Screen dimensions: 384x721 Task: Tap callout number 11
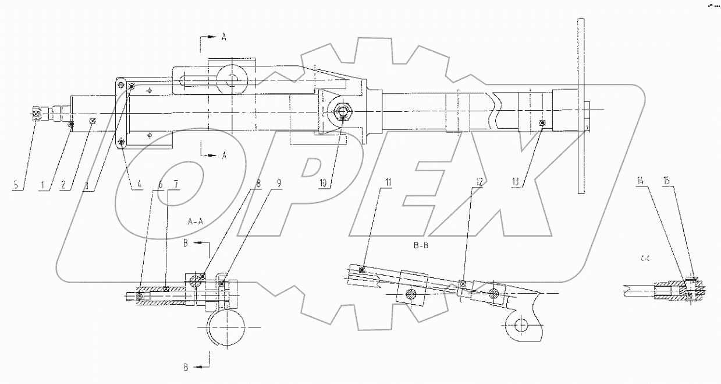point(388,182)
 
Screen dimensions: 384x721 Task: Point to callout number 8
point(258,182)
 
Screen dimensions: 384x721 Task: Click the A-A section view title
point(196,222)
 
